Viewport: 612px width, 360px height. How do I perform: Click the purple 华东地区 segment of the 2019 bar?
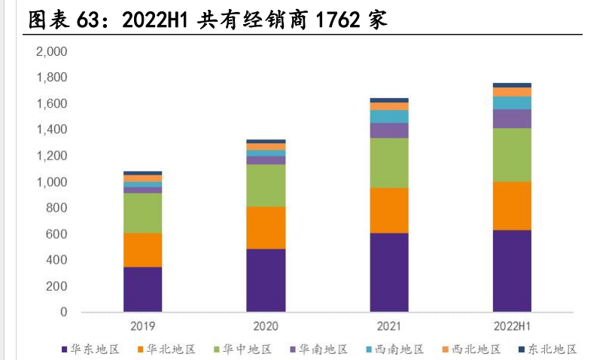[x=142, y=289]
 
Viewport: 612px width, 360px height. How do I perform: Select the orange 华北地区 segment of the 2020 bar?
[x=266, y=227]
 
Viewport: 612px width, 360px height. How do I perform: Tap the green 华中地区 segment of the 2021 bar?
[x=389, y=163]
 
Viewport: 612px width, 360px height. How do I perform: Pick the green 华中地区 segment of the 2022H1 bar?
[x=512, y=154]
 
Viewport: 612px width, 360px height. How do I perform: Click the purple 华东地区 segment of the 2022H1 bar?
[x=512, y=270]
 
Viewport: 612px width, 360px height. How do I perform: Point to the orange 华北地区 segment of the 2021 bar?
[x=389, y=210]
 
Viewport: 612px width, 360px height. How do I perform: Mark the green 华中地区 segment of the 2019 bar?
[x=142, y=212]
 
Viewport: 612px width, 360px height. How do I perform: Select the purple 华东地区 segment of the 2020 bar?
[x=266, y=280]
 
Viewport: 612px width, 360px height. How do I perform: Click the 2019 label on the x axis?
[x=142, y=327]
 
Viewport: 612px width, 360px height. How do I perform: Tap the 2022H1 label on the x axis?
[x=512, y=327]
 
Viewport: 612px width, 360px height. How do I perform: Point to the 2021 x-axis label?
[x=389, y=327]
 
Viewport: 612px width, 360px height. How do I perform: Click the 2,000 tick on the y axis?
[x=52, y=51]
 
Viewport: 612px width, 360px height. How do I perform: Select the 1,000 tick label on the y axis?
[x=52, y=182]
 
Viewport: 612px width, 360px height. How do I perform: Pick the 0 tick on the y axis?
[x=63, y=312]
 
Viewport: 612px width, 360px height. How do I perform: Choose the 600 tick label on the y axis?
[x=57, y=233]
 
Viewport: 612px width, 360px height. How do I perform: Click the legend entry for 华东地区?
[x=90, y=349]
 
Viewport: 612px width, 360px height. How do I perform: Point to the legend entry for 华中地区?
[x=242, y=349]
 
